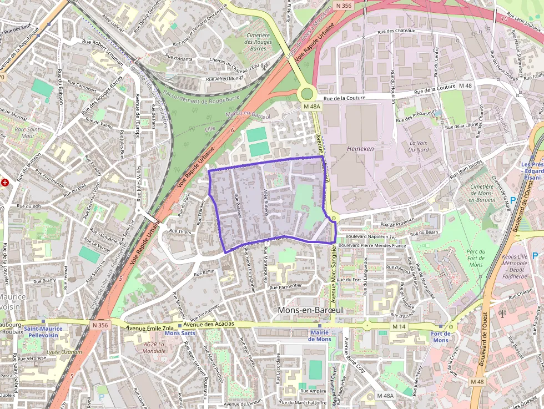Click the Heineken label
pos(360,149)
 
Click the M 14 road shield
pos(399,327)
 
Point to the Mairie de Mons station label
pos(320,336)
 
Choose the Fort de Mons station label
pos(440,337)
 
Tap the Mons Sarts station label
pos(180,333)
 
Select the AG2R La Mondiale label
pos(155,347)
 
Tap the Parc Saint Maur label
pos(24,133)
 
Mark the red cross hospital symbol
pos(5,182)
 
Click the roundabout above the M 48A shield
pos(306,93)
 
